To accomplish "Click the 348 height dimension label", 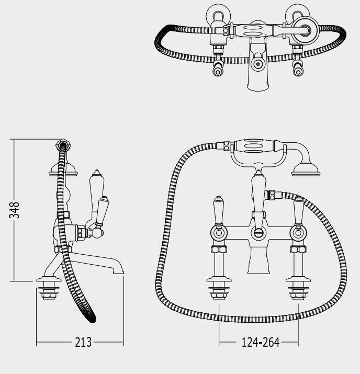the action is tap(14, 210).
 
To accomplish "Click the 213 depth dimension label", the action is tap(83, 342).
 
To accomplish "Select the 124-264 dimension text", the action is tap(261, 342).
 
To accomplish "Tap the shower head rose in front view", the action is tap(306, 170).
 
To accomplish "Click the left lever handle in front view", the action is tap(219, 211).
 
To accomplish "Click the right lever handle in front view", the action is tap(298, 211).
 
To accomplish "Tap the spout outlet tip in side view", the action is tap(118, 271).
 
